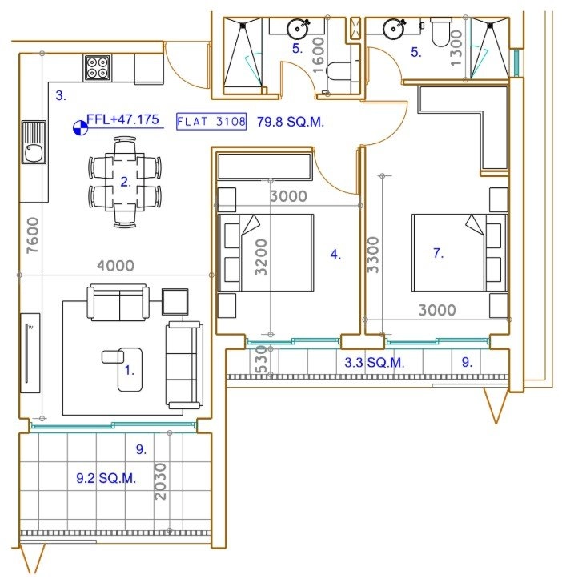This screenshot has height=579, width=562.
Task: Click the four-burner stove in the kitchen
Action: click(x=98, y=68)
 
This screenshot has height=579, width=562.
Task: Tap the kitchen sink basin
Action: click(x=33, y=152)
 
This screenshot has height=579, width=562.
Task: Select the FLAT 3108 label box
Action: click(x=211, y=122)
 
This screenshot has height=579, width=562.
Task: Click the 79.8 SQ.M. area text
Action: click(x=291, y=122)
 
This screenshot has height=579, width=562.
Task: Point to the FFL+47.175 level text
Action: click(x=122, y=119)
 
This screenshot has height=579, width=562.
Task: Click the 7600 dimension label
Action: click(x=33, y=235)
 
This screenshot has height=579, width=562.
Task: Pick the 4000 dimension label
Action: click(x=115, y=266)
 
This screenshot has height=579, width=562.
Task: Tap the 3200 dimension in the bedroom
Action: click(x=261, y=257)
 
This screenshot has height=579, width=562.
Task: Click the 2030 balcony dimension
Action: click(x=160, y=482)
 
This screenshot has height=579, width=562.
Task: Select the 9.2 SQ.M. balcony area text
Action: click(x=106, y=478)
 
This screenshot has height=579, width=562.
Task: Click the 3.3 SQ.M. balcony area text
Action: click(x=375, y=362)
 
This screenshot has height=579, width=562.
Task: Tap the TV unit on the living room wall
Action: click(x=30, y=353)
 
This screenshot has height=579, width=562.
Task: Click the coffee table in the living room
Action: click(x=130, y=369)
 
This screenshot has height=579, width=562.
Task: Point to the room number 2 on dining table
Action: click(x=126, y=182)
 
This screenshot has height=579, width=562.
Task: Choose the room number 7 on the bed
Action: click(x=438, y=253)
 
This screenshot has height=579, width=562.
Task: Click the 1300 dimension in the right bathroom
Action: click(x=457, y=48)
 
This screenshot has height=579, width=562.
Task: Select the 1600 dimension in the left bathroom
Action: click(x=318, y=55)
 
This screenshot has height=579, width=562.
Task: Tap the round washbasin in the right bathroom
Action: click(x=393, y=29)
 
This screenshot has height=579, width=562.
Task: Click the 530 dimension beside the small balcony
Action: click(x=261, y=360)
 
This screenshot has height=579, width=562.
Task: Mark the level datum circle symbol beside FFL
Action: click(x=81, y=128)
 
